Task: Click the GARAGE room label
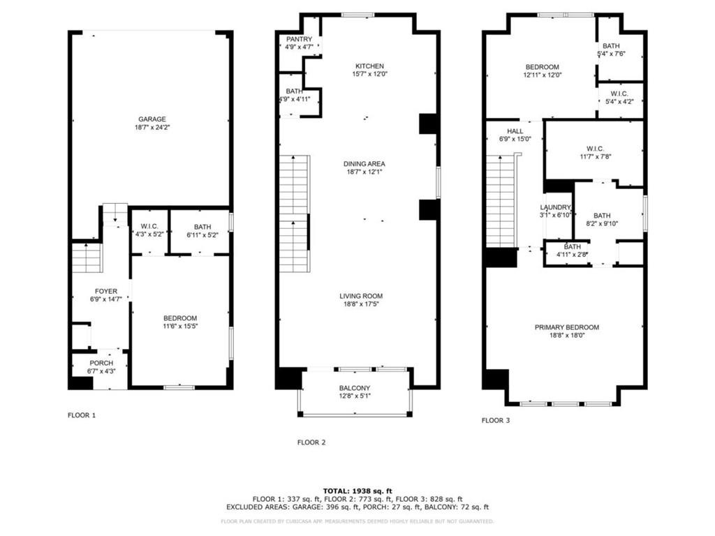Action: (152, 119)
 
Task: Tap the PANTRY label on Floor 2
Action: (299, 39)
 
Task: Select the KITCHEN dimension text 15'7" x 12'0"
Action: (370, 74)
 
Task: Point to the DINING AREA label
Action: (364, 163)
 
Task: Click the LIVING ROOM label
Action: (361, 296)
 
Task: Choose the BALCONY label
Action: (355, 388)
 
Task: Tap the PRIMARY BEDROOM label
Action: (567, 327)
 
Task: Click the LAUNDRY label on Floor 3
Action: (555, 207)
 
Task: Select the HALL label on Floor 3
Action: (515, 131)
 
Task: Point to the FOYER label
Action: (106, 291)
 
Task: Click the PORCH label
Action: (101, 363)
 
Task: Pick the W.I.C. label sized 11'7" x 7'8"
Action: (596, 149)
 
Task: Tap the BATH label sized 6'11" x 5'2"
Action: (202, 227)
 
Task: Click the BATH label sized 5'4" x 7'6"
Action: (611, 46)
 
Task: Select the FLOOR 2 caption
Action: (311, 442)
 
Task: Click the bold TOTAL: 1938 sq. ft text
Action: (357, 491)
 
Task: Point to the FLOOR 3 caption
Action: (496, 420)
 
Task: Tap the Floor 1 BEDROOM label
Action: (180, 318)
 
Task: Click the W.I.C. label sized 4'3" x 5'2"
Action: (149, 227)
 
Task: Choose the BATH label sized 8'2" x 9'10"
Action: (602, 216)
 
